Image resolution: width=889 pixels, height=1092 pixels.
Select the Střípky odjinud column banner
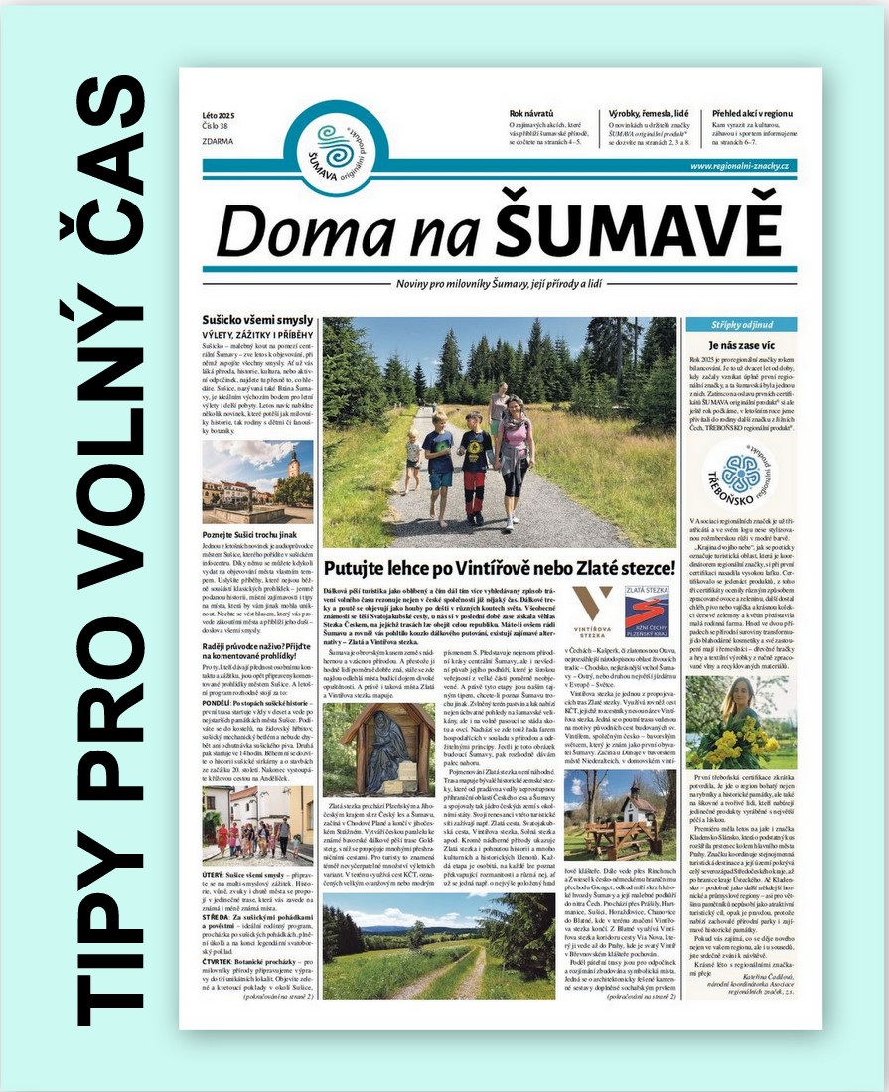click(x=740, y=324)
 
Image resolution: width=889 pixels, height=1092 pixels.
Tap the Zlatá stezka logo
click(x=647, y=611)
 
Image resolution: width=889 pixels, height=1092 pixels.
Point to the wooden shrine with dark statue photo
click(x=376, y=750)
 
